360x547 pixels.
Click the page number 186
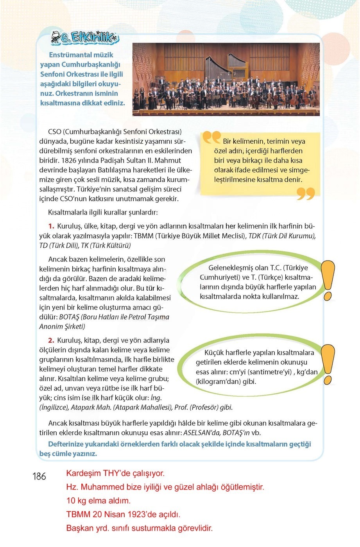coord(39,476)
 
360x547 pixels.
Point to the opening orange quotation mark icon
coord(211,138)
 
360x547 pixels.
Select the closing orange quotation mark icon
coord(305,193)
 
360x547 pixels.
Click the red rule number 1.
coord(51,226)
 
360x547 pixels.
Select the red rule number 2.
coord(51,340)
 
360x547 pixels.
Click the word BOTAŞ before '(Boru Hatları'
coord(69,317)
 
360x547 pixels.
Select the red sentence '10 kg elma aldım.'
coord(98,501)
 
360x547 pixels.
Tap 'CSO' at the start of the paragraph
coord(54,132)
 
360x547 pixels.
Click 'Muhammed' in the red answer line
coord(99,487)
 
